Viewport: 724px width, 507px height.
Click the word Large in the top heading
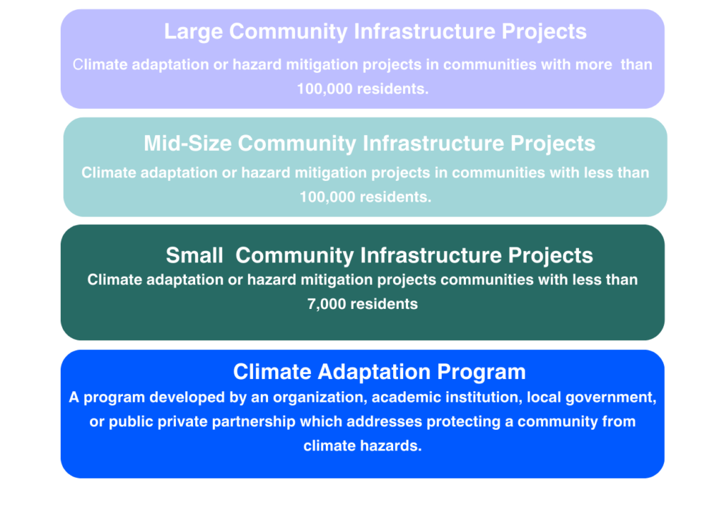(x=194, y=32)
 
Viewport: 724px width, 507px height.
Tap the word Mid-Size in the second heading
(x=187, y=144)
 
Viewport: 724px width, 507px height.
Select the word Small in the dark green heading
(x=194, y=255)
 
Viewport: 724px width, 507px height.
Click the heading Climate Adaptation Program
(x=379, y=372)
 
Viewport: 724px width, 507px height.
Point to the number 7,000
(x=327, y=304)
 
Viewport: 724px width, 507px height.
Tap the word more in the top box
(x=593, y=64)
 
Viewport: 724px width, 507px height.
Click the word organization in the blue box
(x=320, y=397)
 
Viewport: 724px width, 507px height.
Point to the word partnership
(x=254, y=422)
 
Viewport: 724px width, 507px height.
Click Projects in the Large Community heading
(x=544, y=32)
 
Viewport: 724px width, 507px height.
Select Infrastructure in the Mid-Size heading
(x=433, y=144)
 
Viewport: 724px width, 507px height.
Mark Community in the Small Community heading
(x=295, y=255)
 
